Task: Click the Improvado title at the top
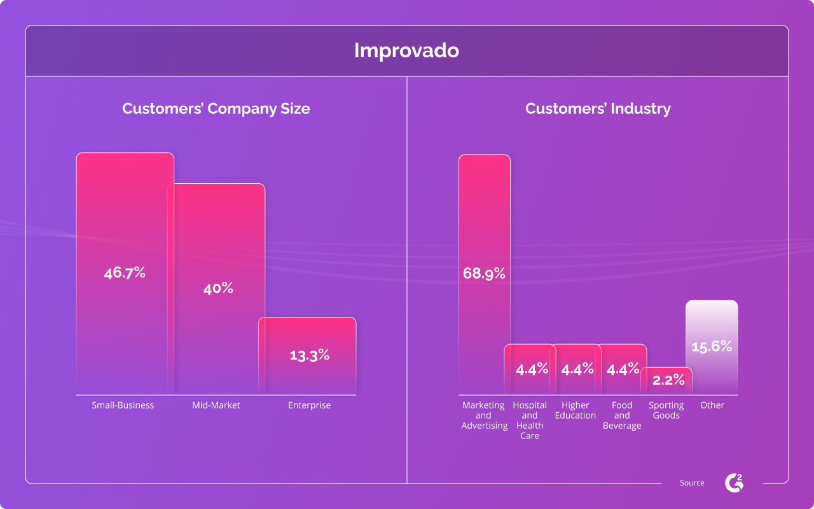pyautogui.click(x=406, y=51)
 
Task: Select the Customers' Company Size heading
pyautogui.click(x=216, y=109)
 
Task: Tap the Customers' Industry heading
pyautogui.click(x=597, y=109)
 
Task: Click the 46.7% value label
pyautogui.click(x=125, y=273)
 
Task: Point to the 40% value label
pyautogui.click(x=218, y=288)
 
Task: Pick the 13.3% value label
pyautogui.click(x=309, y=355)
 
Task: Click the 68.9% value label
pyautogui.click(x=484, y=274)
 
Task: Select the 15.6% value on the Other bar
pyautogui.click(x=712, y=347)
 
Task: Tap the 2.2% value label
pyautogui.click(x=668, y=380)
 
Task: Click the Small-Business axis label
pyautogui.click(x=123, y=405)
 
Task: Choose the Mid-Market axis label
pyautogui.click(x=216, y=405)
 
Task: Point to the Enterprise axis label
pyautogui.click(x=309, y=405)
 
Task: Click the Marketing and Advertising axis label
pyautogui.click(x=484, y=415)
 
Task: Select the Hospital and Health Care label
pyautogui.click(x=530, y=421)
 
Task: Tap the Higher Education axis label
pyautogui.click(x=576, y=410)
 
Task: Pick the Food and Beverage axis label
pyautogui.click(x=622, y=415)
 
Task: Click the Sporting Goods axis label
pyautogui.click(x=666, y=410)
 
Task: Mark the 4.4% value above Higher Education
pyautogui.click(x=577, y=369)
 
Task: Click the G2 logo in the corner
pyautogui.click(x=734, y=483)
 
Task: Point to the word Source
pyautogui.click(x=692, y=483)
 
